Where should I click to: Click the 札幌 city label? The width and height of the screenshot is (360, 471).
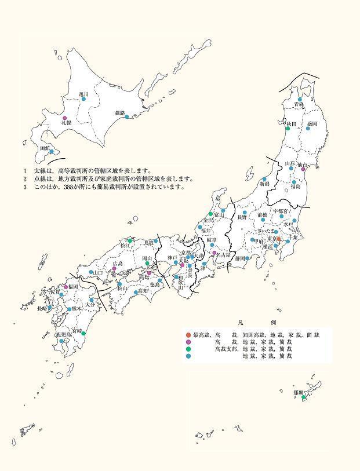(x=65, y=123)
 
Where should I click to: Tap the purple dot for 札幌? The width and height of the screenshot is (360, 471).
(x=64, y=118)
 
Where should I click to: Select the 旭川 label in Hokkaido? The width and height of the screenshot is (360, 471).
(x=83, y=94)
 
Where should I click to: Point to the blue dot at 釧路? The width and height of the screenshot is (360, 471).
(x=127, y=117)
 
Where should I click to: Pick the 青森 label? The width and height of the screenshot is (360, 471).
(x=299, y=104)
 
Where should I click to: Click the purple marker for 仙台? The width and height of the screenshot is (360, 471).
(x=303, y=169)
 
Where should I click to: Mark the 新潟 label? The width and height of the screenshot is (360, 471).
(x=264, y=184)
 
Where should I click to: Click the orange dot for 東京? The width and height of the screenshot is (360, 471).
(x=279, y=239)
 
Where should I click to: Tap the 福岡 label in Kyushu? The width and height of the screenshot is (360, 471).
(x=72, y=286)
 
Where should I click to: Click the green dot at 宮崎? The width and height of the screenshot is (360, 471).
(x=84, y=333)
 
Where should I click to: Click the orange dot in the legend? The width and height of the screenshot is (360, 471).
(x=187, y=335)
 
